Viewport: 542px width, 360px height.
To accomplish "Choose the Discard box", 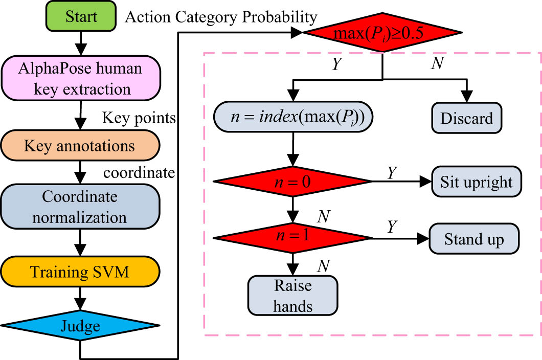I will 467,119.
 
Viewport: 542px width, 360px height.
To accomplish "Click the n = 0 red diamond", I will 292,182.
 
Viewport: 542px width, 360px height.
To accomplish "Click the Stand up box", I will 474,239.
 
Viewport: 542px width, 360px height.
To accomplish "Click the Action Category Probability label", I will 221,17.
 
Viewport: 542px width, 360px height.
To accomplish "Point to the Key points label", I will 139,119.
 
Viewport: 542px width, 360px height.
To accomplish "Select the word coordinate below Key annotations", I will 139,172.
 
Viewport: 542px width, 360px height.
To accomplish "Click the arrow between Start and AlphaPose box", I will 80,40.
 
